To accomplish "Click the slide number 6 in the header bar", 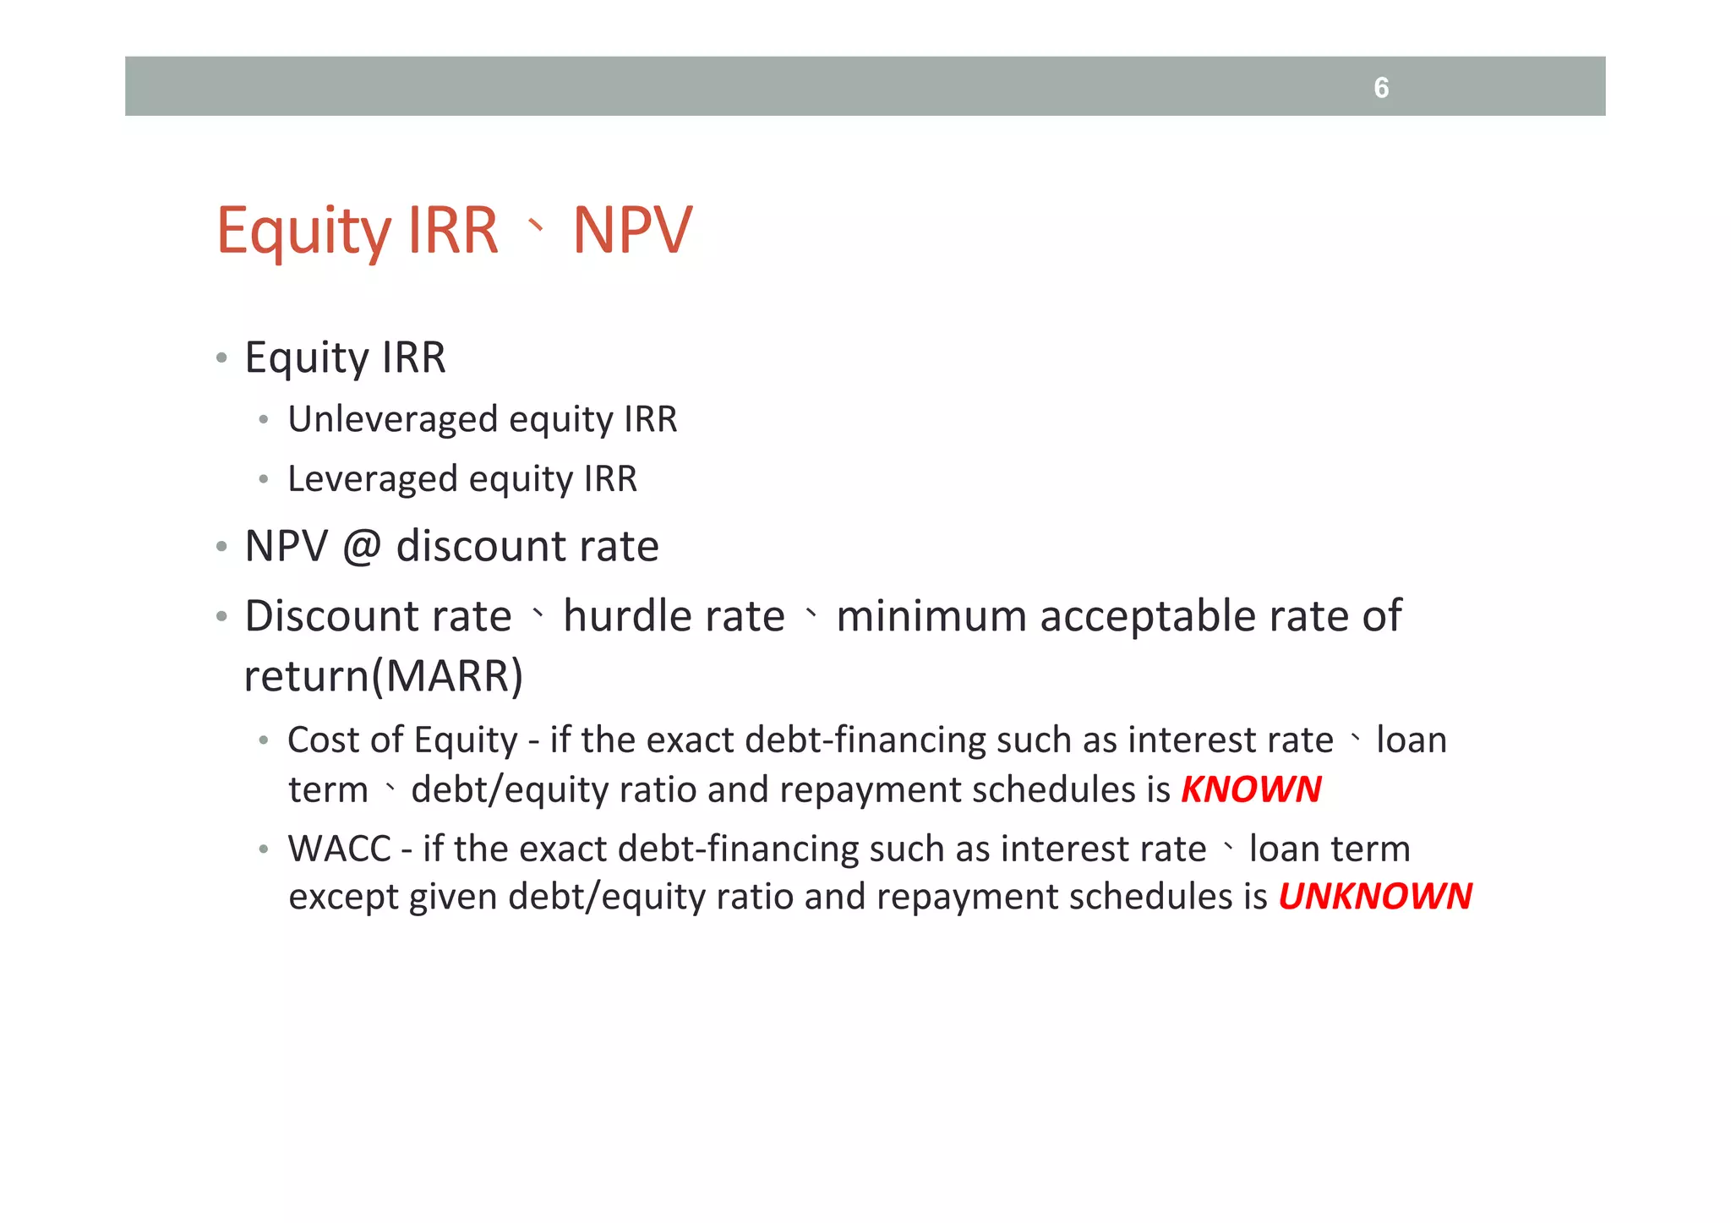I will coord(1381,87).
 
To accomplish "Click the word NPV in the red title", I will coord(632,230).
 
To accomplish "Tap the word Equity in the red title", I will coord(302,232).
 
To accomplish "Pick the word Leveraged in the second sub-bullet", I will coord(372,479).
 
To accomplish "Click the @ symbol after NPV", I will coord(362,546).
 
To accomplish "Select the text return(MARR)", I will coord(384,675).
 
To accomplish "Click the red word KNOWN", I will coord(1251,789).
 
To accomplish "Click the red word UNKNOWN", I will coord(1375,896).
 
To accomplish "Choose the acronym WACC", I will coord(339,849).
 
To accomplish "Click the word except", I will coord(343,898).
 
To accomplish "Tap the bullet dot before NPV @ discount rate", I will coord(221,547).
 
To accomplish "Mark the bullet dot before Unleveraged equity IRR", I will coord(264,420).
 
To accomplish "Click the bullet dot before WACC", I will coord(264,849).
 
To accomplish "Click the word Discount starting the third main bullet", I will coord(378,615).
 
